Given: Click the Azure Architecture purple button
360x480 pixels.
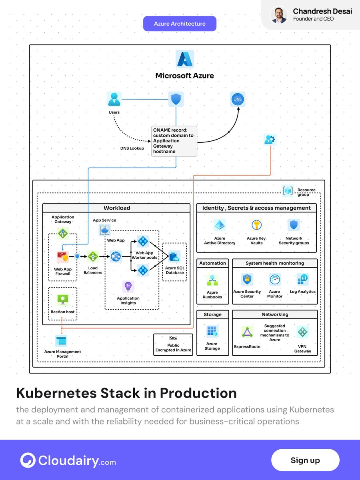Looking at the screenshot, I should click(180, 24).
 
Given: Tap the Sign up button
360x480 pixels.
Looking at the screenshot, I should click(305, 460).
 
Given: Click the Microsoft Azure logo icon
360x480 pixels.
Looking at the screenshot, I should click(185, 59).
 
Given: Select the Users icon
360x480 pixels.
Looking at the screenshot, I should click(114, 99).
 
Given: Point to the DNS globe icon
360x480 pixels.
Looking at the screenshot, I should click(238, 99).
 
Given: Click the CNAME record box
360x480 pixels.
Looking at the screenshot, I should click(174, 141).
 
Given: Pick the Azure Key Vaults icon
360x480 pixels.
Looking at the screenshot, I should click(256, 225).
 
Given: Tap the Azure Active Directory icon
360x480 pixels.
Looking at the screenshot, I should click(220, 225).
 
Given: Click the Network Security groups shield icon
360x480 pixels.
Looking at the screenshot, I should click(294, 225).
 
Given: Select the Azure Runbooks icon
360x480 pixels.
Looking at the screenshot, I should click(212, 280).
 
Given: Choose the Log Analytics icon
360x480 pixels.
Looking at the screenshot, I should click(302, 280).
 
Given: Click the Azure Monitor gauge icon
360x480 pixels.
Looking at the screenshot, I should click(275, 280).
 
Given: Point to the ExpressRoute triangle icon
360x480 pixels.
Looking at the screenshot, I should click(247, 332).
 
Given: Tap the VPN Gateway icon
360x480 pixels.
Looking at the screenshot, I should click(302, 332).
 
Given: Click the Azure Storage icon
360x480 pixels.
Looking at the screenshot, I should click(212, 332).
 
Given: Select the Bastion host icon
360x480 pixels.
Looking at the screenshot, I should click(62, 299).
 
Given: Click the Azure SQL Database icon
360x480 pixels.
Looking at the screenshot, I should click(175, 256).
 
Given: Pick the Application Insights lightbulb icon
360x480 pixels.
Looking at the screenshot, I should click(128, 286).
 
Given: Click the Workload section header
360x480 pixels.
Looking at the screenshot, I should click(116, 208).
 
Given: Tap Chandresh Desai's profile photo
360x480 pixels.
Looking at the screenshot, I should click(279, 15).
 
